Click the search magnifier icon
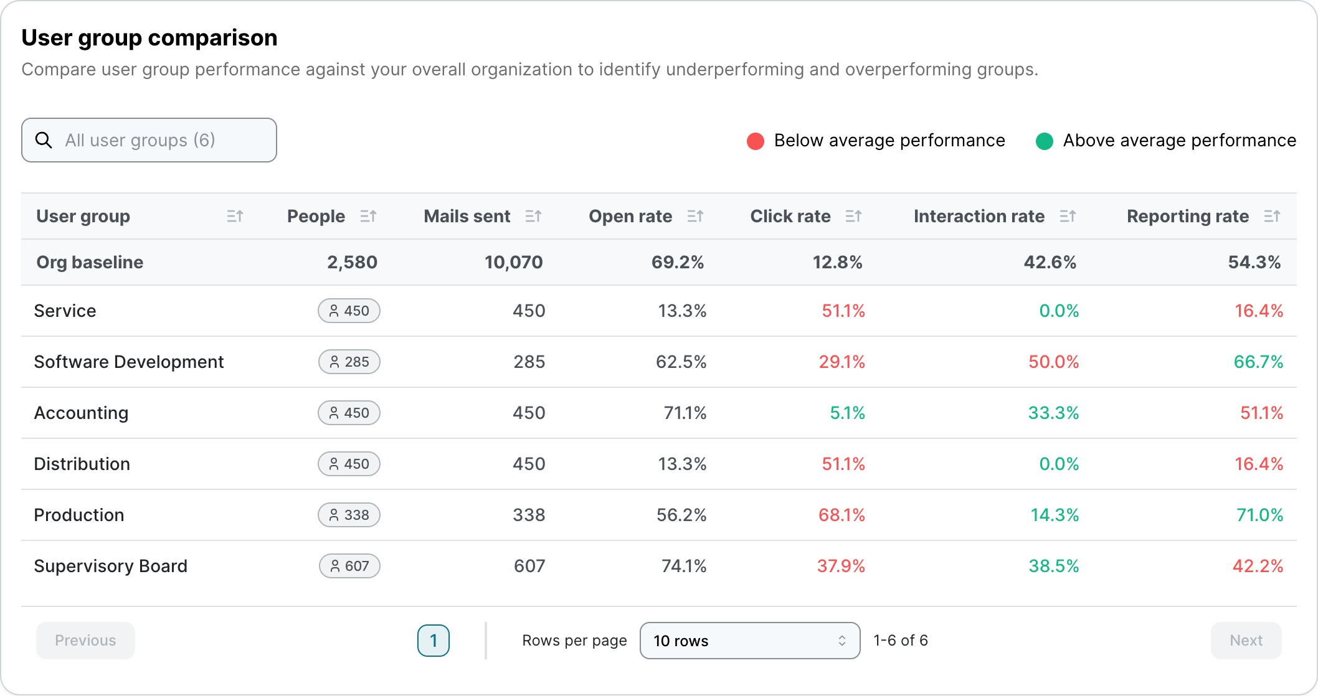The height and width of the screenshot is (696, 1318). coord(44,140)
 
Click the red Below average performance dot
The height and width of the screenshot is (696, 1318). coord(755,141)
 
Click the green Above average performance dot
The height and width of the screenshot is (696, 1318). coord(1044,141)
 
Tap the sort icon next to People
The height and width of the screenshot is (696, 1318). coord(368,216)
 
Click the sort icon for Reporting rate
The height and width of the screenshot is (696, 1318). coord(1272,216)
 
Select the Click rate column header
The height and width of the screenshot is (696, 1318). coord(790,216)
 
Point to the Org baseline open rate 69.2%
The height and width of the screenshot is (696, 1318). coord(677,262)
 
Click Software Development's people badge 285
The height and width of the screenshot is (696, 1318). coord(349,362)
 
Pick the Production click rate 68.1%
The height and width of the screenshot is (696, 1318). coord(841,515)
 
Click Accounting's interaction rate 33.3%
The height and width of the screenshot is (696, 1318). coord(1053,413)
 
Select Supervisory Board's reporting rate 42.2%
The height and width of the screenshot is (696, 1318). coord(1258,566)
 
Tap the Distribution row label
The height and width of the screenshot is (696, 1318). coord(82,464)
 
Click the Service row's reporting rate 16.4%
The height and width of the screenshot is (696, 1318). coord(1258,311)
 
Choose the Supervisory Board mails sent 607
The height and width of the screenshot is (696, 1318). coord(529,566)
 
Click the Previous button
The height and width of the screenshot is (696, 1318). coord(85,640)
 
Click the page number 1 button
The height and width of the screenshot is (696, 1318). coord(433,640)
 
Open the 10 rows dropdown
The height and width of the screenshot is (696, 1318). coord(749,640)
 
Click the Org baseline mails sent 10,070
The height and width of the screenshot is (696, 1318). coord(513,262)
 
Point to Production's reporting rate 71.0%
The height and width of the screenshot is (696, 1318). coord(1259,515)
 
